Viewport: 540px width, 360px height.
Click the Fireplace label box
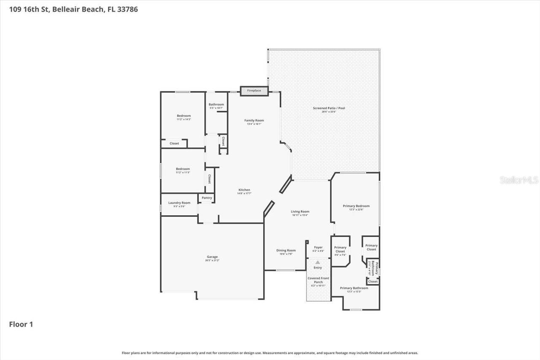tap(254, 91)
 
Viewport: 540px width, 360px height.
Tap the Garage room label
tap(212, 257)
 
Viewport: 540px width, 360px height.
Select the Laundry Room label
tap(179, 203)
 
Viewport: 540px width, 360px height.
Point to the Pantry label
tap(207, 198)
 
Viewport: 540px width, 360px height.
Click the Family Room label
tap(254, 121)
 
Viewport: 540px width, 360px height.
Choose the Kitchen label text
tap(244, 190)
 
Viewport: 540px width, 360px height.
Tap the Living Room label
tap(300, 212)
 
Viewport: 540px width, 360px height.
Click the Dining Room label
tap(286, 251)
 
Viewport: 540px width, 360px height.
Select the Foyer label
tap(318, 248)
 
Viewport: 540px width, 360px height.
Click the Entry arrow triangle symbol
tap(318, 262)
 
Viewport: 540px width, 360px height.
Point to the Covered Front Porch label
tap(318, 280)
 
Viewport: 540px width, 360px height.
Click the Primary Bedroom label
tap(356, 206)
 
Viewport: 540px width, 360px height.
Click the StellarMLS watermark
tap(519, 180)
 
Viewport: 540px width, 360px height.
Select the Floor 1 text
tap(21, 324)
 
